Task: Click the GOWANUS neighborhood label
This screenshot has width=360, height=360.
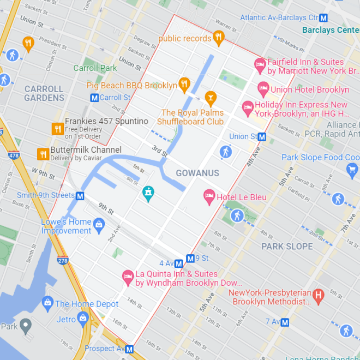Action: coord(197,173)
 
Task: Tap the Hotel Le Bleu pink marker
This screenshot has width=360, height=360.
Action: coord(209,195)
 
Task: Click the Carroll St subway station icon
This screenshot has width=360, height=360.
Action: coord(94,98)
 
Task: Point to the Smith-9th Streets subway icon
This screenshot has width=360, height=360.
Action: coord(80,196)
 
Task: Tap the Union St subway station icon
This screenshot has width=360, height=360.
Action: coord(261,136)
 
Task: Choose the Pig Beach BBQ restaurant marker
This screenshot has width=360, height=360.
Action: coord(184,85)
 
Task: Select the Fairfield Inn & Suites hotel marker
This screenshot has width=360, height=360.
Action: coord(260,64)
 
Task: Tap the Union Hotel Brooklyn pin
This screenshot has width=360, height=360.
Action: coord(263,88)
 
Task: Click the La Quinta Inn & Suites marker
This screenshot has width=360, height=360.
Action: coord(128,277)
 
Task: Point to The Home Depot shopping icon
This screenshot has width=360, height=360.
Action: coord(47,302)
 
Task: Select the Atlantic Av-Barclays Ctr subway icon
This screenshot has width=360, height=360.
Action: coord(324,18)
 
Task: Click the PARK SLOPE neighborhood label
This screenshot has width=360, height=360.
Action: coord(287,246)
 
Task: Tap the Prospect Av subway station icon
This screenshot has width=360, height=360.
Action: coord(129,349)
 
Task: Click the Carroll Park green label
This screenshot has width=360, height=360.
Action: coord(95,68)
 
